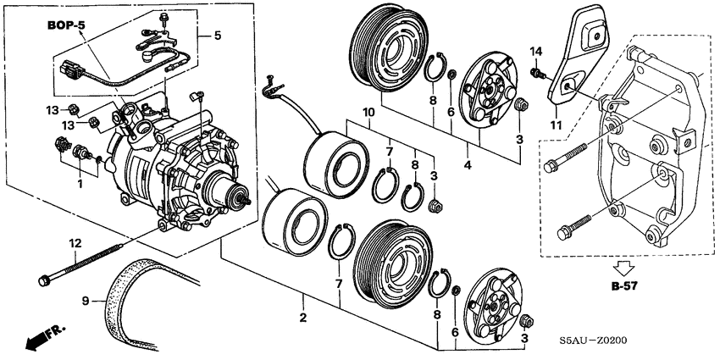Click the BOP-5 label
click(66, 26)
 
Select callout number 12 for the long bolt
click(76, 244)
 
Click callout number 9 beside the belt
click(86, 299)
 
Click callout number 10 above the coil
click(368, 113)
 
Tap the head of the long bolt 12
click(44, 279)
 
